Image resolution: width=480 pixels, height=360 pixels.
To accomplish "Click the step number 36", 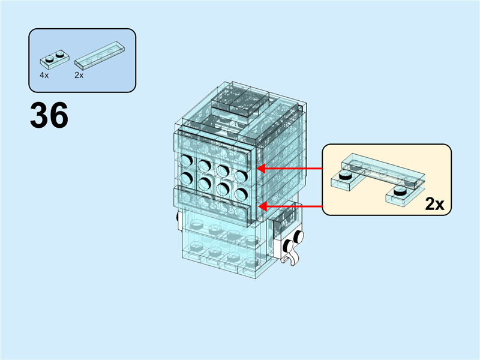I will coord(49,115).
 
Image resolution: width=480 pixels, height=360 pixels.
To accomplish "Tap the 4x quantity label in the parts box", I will coord(44,76).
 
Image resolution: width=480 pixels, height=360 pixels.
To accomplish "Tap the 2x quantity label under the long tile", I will coord(79,76).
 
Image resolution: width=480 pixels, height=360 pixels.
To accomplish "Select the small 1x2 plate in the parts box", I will coord(53,59).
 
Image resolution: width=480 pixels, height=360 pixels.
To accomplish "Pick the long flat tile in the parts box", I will coord(100,53).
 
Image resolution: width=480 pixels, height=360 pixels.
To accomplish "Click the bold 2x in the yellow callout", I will coord(434,204).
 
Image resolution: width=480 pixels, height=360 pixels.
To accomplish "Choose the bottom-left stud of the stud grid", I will coord(186,178).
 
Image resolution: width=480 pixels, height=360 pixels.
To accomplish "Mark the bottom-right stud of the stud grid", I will coord(241,193).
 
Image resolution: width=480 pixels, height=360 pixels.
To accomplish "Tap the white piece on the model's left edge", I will coord(178,221).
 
